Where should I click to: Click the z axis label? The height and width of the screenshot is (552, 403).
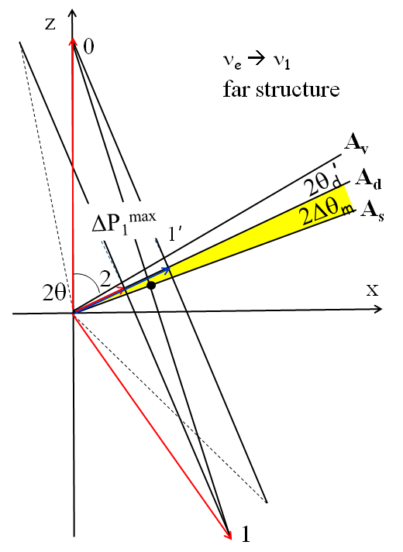click(50, 22)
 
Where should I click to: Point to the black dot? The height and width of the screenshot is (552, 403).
click(152, 286)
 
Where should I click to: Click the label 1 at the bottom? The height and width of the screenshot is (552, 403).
click(246, 533)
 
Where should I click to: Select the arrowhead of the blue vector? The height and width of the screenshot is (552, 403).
click(167, 269)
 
